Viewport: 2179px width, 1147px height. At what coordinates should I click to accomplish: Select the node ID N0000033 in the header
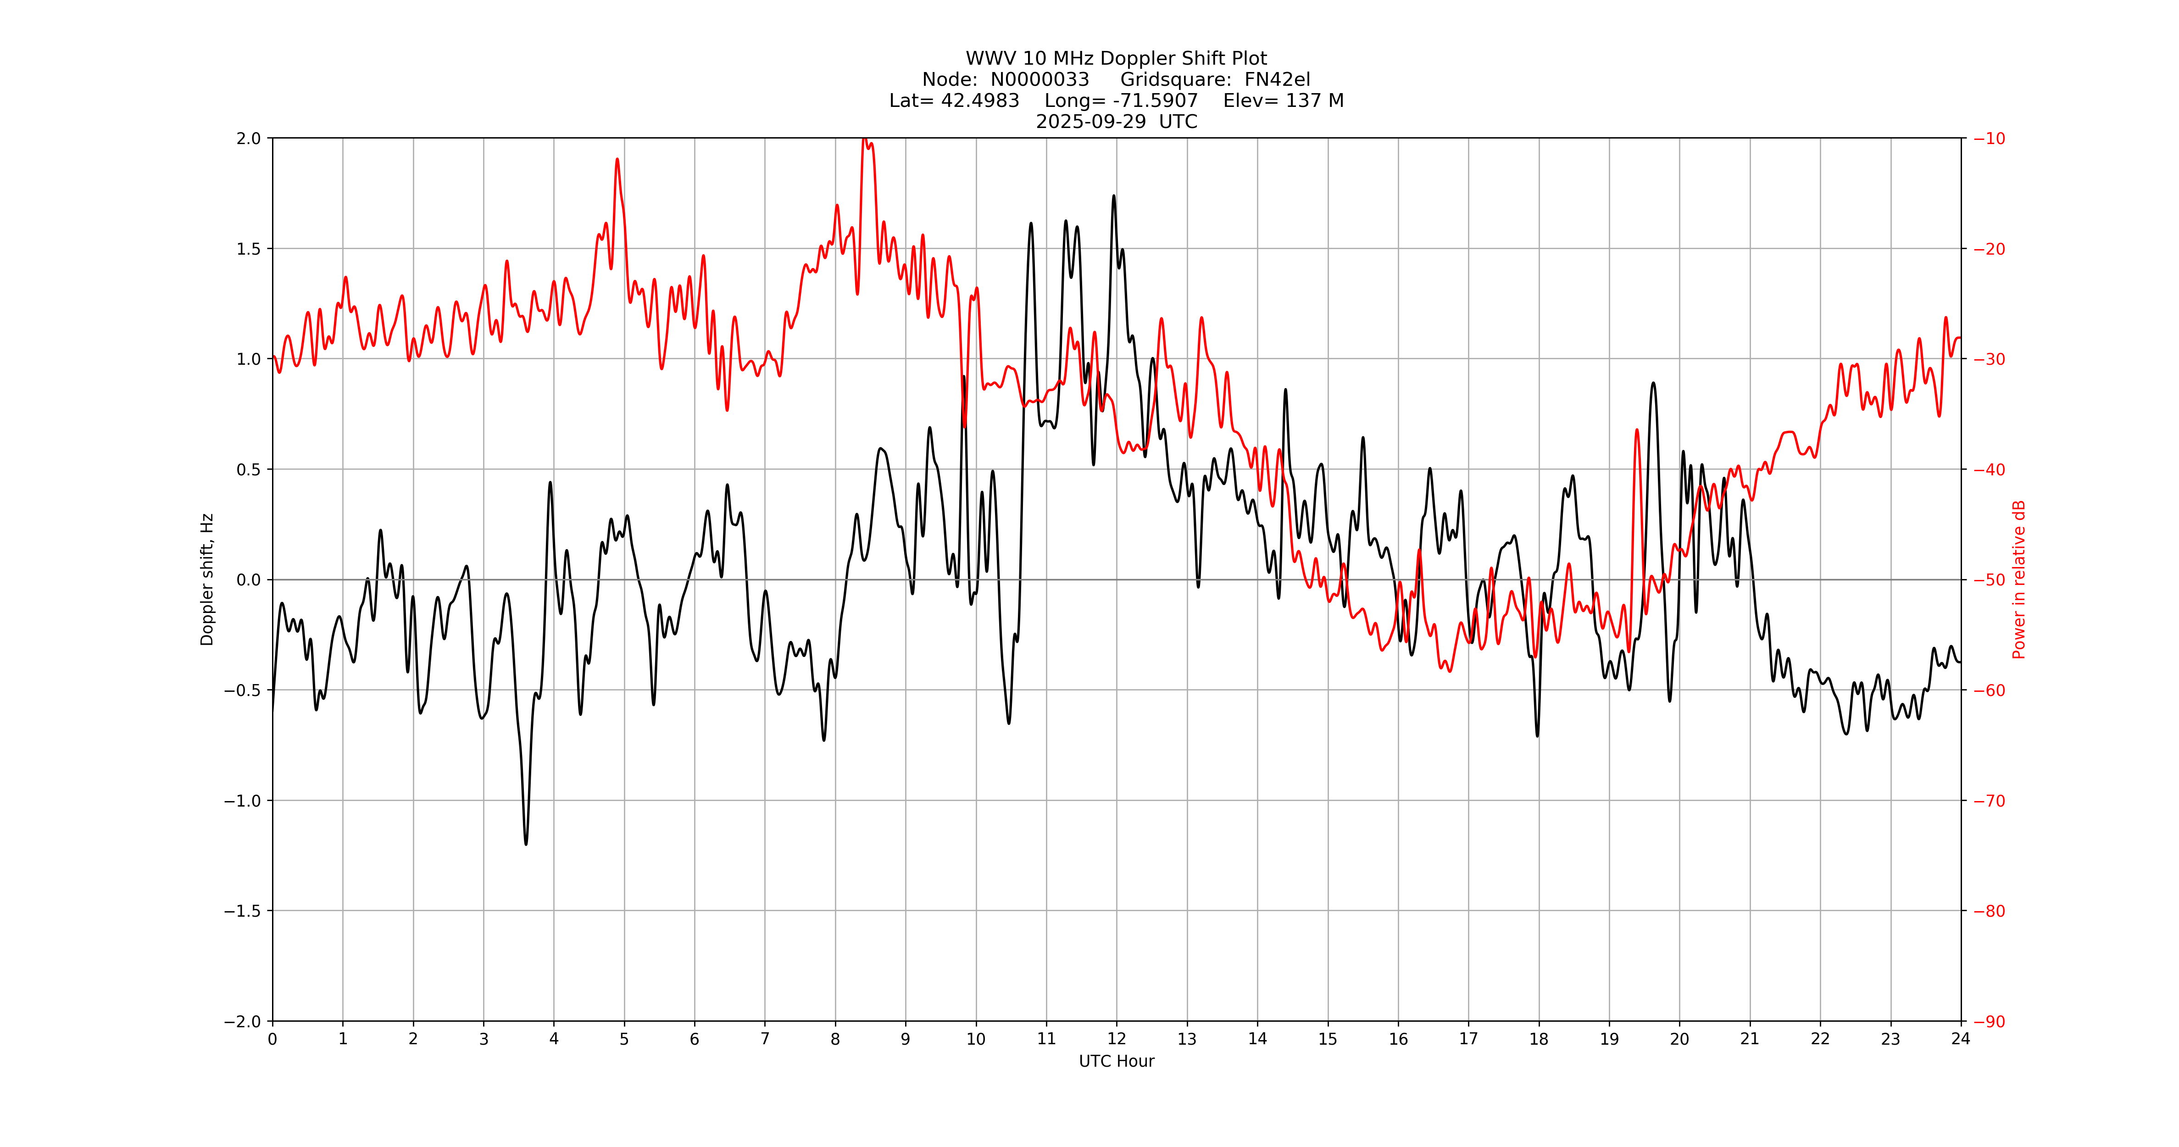(x=1039, y=79)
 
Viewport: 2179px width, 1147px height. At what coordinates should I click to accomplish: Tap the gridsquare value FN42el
(x=1277, y=79)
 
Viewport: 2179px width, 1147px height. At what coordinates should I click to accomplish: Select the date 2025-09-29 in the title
(x=1090, y=122)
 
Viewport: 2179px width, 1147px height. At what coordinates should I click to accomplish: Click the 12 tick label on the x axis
(x=1117, y=1039)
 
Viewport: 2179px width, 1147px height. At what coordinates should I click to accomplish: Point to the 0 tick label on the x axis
(x=272, y=1039)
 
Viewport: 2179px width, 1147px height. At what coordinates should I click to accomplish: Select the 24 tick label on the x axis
(x=1961, y=1039)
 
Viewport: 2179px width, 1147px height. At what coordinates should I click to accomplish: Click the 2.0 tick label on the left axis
(x=249, y=139)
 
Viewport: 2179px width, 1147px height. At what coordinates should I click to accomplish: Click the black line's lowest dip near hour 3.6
(x=526, y=843)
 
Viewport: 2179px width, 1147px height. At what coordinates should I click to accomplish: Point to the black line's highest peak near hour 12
(x=1113, y=196)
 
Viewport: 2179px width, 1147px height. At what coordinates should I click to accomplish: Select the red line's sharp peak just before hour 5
(x=617, y=159)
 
